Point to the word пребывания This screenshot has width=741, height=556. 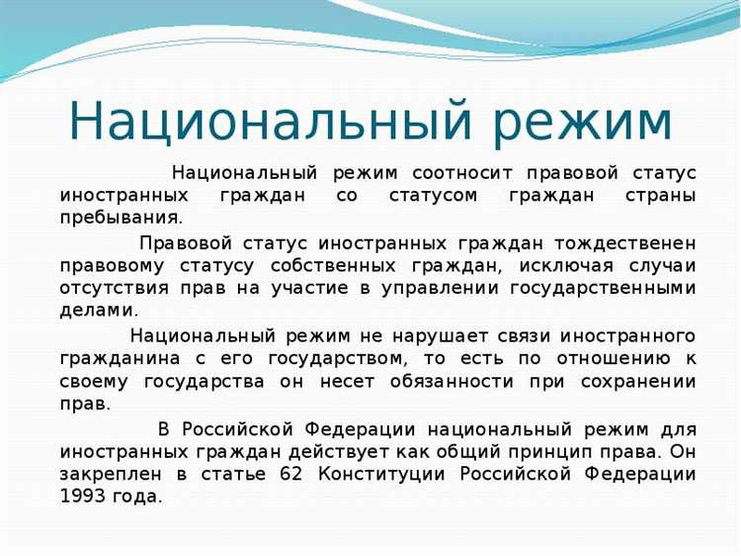coord(122,218)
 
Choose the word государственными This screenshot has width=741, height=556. coord(602,288)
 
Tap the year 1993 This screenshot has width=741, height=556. coord(85,497)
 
